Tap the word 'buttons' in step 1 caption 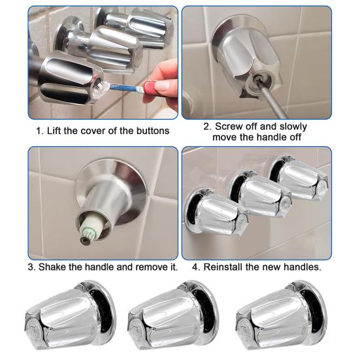click(x=152, y=130)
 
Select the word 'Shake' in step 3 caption click(x=53, y=267)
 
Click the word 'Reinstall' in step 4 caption click(x=224, y=267)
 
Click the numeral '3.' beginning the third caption click(x=31, y=267)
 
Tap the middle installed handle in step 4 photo click(x=259, y=194)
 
